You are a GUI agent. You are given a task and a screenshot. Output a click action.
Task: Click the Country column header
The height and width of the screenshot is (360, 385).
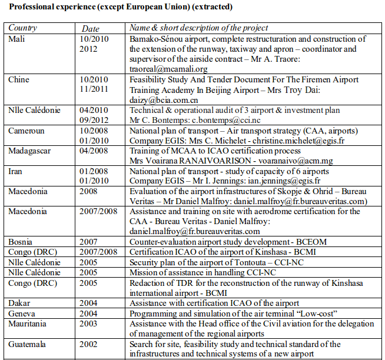pyautogui.click(x=23, y=28)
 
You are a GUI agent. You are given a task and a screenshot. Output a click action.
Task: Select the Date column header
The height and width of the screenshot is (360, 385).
pyautogui.click(x=90, y=28)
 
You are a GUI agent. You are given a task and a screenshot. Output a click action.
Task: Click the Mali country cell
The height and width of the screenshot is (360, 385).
pyautogui.click(x=16, y=39)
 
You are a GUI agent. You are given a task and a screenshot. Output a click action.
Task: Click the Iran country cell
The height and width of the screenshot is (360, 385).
pyautogui.click(x=15, y=171)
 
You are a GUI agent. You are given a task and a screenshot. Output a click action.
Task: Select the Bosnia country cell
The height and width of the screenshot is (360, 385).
pyautogui.click(x=21, y=241)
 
